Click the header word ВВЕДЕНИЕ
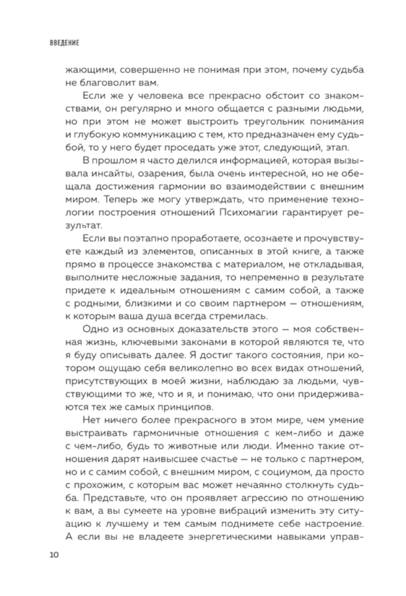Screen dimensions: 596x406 [65, 43]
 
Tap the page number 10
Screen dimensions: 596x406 [54, 555]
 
